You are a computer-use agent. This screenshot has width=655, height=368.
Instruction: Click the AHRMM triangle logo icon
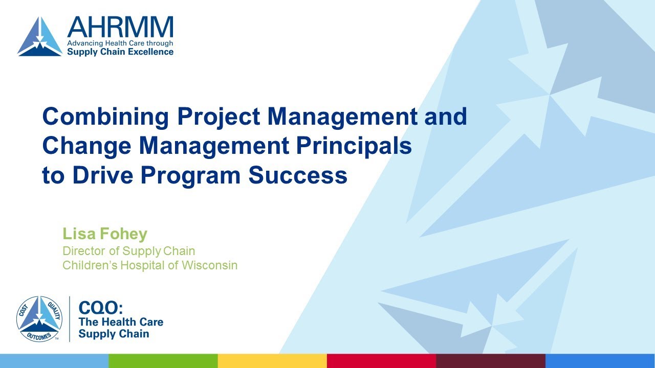[39, 37]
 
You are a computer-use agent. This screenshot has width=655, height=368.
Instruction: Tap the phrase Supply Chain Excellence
[120, 52]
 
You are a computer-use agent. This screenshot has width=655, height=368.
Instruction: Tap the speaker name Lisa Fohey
[105, 234]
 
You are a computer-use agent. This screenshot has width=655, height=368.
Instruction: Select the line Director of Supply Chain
[128, 251]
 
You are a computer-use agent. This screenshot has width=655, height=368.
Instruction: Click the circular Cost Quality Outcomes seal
[39, 319]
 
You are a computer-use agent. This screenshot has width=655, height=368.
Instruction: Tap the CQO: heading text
[101, 308]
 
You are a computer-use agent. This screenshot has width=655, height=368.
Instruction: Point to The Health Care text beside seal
[121, 322]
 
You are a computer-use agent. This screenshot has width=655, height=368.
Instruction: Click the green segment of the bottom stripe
[163, 361]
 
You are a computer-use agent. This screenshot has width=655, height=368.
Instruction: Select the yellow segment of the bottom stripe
[272, 361]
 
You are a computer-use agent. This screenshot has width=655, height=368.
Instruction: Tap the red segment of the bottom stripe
[381, 361]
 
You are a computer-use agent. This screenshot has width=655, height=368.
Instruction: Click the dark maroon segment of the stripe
[490, 361]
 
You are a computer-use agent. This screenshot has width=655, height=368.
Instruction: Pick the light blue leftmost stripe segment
[54, 361]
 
